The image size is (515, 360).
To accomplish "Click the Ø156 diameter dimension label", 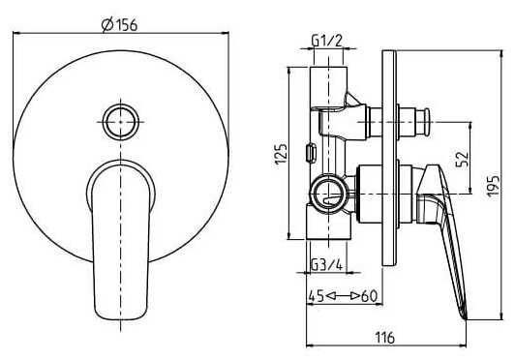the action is pyautogui.click(x=119, y=25).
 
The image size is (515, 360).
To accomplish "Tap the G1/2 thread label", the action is pyautogui.click(x=327, y=41).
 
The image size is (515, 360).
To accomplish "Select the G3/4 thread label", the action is pyautogui.click(x=327, y=265).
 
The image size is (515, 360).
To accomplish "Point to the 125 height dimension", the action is pyautogui.click(x=281, y=154).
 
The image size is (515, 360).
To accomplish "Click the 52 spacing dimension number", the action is pyautogui.click(x=462, y=159).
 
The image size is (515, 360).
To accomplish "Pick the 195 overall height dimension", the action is pyautogui.click(x=493, y=186).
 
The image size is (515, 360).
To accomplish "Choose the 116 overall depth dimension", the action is pyautogui.click(x=385, y=338).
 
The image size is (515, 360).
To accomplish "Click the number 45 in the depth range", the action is pyautogui.click(x=316, y=296).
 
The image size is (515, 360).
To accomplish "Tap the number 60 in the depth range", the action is pyautogui.click(x=369, y=296).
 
